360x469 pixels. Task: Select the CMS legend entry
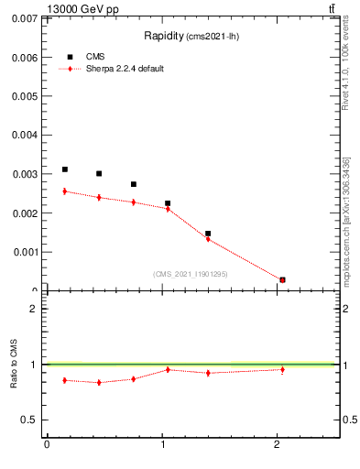(94, 57)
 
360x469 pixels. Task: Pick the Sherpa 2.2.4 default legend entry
(124, 70)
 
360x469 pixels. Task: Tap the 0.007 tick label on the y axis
(24, 18)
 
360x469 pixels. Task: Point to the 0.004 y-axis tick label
(24, 135)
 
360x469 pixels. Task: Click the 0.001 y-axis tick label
(24, 252)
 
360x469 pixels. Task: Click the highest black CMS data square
(64, 169)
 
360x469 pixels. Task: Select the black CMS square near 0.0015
(208, 234)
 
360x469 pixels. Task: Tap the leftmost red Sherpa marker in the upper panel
(64, 191)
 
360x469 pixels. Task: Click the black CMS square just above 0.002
(168, 203)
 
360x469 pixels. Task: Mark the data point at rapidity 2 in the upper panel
(282, 279)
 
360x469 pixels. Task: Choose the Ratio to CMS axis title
(14, 365)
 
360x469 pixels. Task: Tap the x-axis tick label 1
(163, 446)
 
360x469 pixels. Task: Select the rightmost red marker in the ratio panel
(282, 369)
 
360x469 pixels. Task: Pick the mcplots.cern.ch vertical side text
(345, 220)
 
